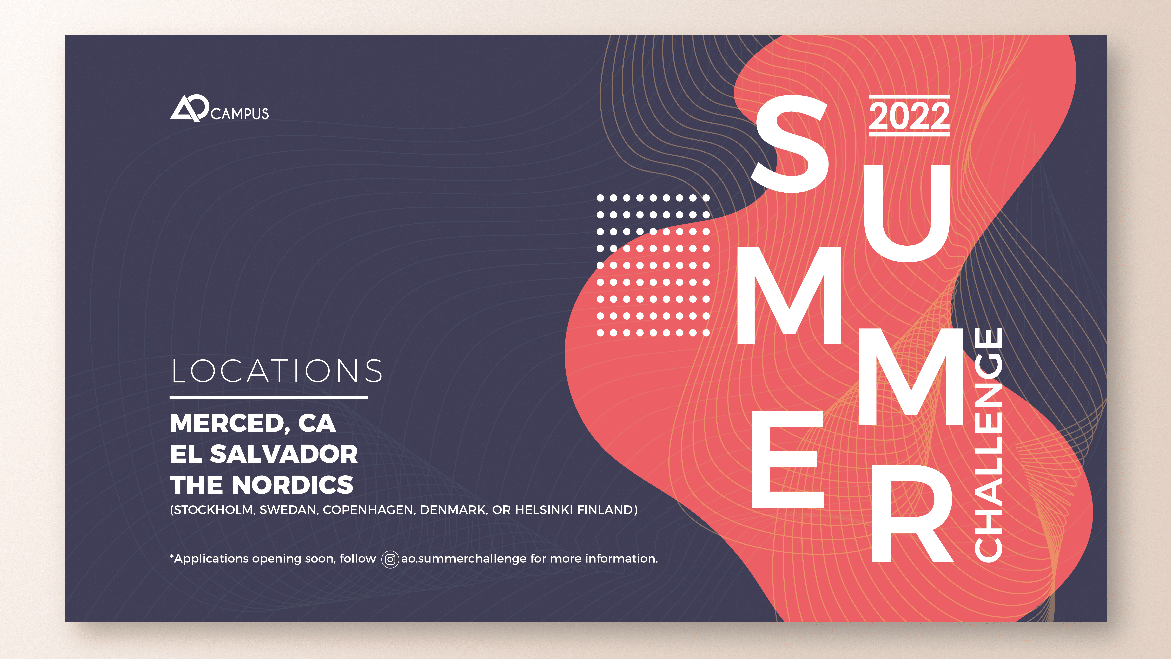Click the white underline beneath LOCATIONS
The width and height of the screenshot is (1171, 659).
point(269,397)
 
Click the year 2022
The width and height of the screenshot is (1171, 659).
point(909,116)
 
